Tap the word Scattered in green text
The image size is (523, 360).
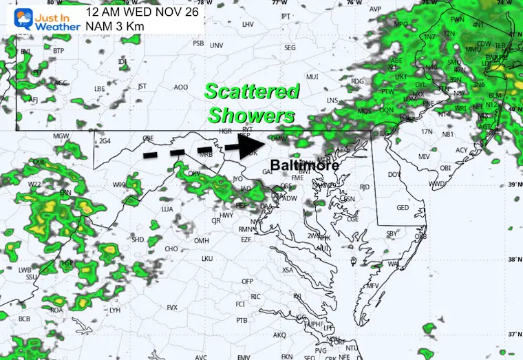[253, 92]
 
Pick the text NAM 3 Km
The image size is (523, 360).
[114, 25]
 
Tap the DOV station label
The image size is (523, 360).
[394, 175]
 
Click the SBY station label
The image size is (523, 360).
[392, 234]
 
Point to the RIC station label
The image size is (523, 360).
[255, 297]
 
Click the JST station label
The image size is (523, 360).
[142, 86]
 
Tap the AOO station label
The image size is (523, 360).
[181, 87]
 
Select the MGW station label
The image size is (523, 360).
[61, 136]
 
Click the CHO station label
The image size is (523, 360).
[171, 249]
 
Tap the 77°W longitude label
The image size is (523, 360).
[279, 3]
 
